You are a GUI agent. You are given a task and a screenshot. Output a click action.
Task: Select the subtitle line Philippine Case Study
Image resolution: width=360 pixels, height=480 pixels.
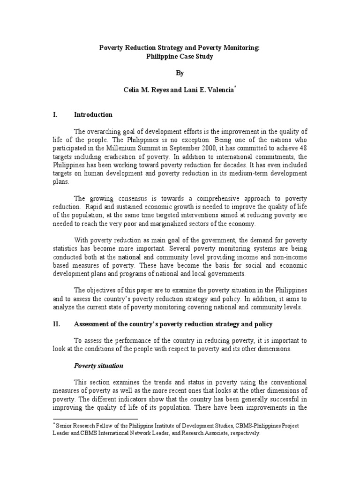[x=180, y=56]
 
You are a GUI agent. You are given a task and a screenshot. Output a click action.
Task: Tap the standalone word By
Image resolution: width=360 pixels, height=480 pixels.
[x=180, y=74]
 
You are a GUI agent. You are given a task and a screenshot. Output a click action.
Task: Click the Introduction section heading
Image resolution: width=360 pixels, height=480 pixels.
[x=93, y=114]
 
